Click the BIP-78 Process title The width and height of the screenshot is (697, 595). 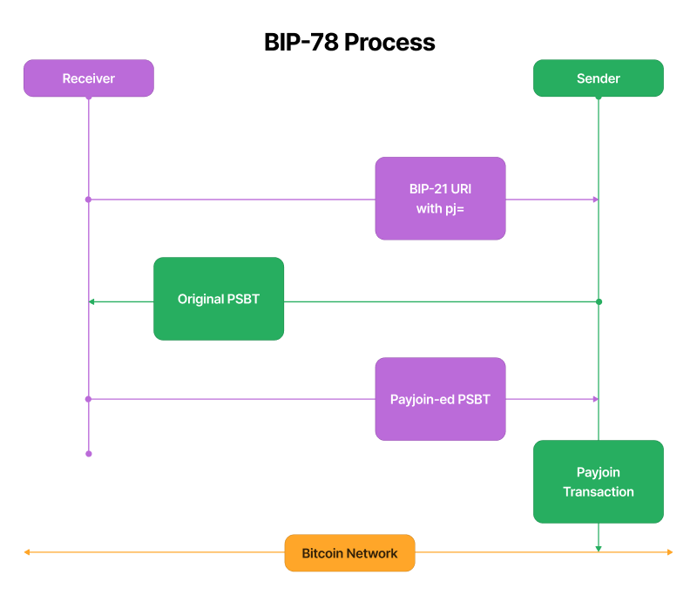tap(349, 42)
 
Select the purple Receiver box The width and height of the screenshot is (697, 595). tap(88, 78)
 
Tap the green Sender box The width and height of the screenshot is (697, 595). tap(598, 78)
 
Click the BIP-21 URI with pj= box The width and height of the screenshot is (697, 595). tap(440, 199)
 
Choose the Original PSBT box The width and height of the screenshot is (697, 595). tap(219, 299)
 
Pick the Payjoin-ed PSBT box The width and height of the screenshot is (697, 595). tap(440, 399)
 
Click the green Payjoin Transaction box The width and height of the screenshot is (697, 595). tap(598, 482)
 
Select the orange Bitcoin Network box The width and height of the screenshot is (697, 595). tap(349, 553)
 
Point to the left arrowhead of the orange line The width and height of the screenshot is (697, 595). tap(27, 552)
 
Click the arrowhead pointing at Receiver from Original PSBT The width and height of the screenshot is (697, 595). tap(91, 301)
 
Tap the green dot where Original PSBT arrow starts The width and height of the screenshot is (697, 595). tap(599, 301)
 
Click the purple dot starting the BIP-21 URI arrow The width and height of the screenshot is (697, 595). tap(88, 199)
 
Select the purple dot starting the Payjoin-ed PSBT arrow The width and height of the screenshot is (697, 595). tap(88, 399)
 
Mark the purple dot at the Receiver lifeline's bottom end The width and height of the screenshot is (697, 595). tap(88, 454)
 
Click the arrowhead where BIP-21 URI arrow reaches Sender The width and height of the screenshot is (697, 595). tap(595, 199)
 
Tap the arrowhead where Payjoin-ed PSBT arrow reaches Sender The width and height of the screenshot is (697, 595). tap(595, 399)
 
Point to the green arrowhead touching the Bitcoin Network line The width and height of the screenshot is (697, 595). tap(599, 548)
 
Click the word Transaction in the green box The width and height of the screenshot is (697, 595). tap(598, 492)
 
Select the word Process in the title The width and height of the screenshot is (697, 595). tap(389, 42)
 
